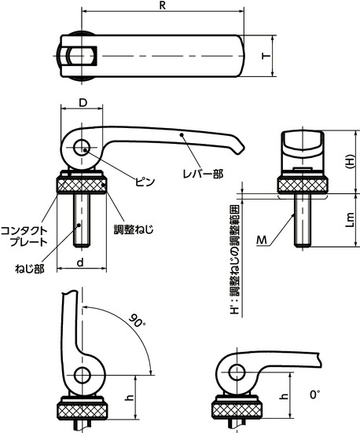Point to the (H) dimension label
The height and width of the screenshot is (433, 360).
point(350,160)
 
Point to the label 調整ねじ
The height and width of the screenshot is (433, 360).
point(133,229)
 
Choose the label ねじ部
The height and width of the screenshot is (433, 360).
point(30,268)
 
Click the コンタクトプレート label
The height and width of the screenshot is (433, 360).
point(27,236)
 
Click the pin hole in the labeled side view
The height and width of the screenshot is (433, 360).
point(82,150)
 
